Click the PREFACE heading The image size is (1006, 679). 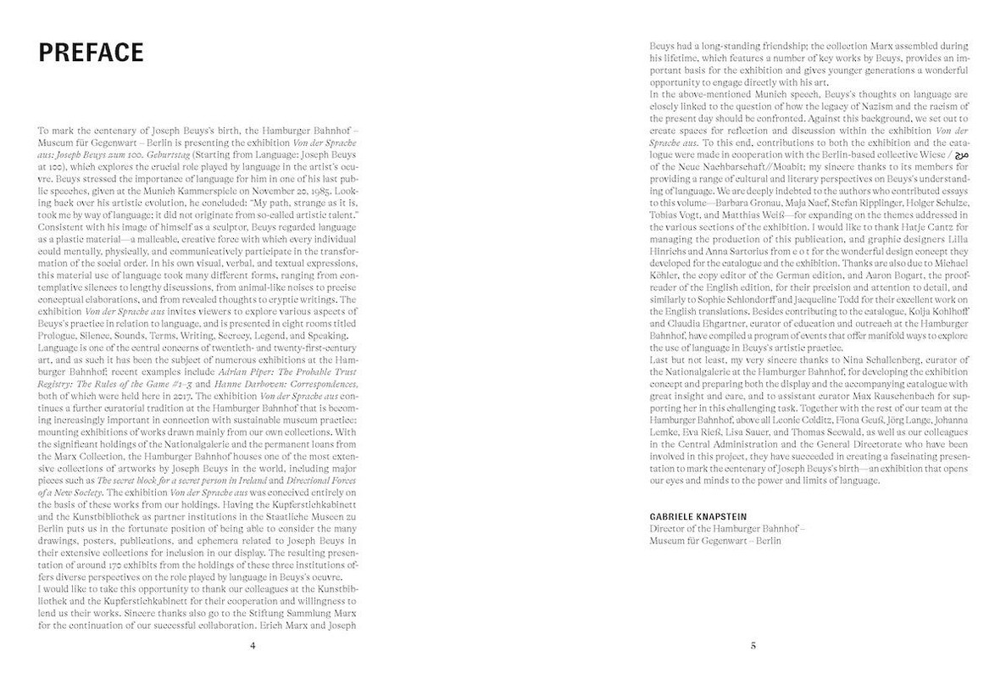92,52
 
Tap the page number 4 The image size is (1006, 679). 252,645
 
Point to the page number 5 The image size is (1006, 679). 753,645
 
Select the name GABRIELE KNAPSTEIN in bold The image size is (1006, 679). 692,515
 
